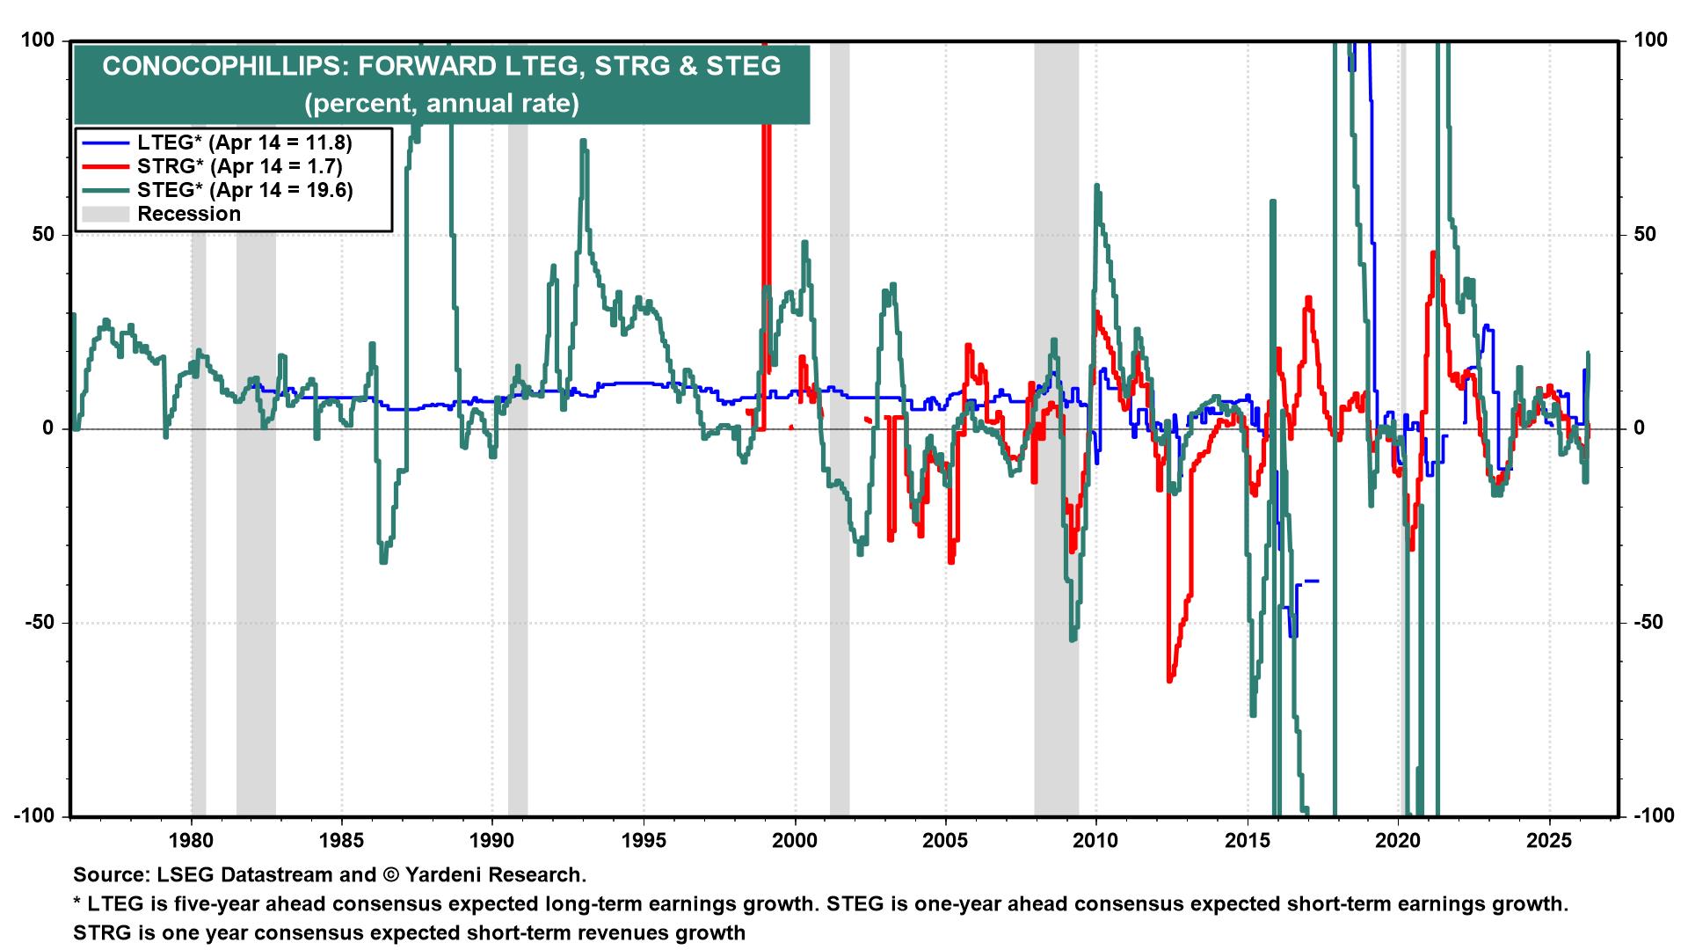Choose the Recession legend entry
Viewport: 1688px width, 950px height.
click(x=188, y=214)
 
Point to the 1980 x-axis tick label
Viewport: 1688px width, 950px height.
click(x=192, y=840)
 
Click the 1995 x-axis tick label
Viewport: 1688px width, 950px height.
click(x=644, y=840)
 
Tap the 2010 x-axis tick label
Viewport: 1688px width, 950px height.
click(x=1096, y=840)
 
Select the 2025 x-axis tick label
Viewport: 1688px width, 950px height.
click(x=1549, y=840)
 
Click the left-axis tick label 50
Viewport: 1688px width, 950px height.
click(x=43, y=235)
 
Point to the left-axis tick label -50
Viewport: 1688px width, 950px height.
click(x=40, y=623)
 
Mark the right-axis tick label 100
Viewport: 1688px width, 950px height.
click(x=1651, y=40)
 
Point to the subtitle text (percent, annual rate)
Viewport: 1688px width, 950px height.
click(x=441, y=104)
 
